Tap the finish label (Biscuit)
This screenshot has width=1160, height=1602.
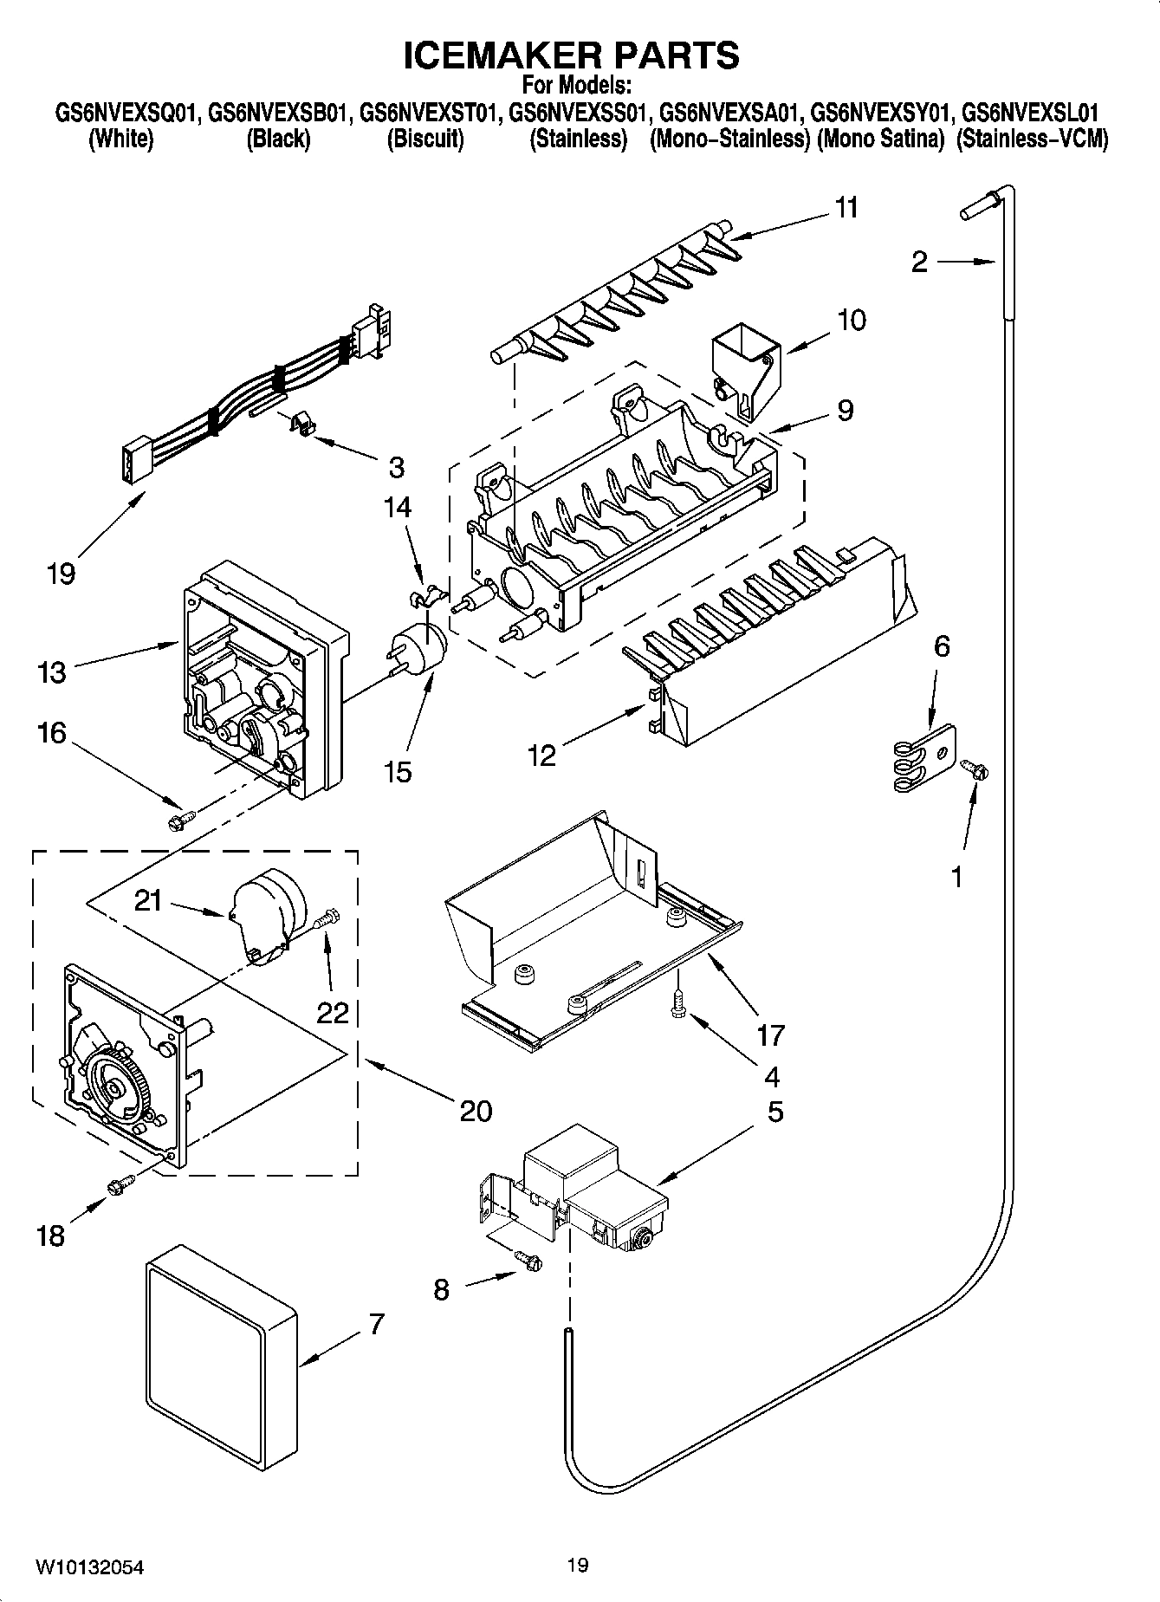424,139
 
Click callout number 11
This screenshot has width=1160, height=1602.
846,208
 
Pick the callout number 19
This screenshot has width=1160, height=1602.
62,574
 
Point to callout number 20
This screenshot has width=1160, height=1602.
476,1110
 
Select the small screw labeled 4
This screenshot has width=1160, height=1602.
678,1006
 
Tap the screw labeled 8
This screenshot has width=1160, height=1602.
528,1263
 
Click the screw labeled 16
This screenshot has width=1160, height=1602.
181,817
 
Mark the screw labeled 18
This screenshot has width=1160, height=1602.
119,1184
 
